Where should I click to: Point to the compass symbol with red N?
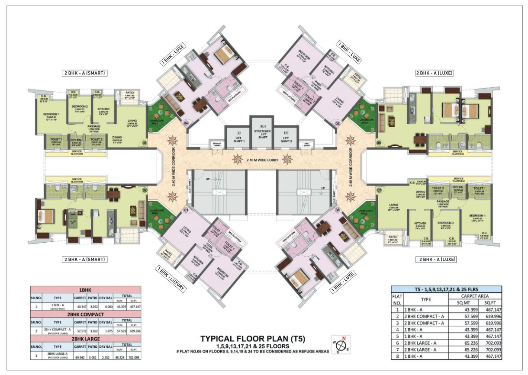[x=341, y=345]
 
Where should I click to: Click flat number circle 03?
[x=145, y=142]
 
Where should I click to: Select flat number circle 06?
[x=379, y=143]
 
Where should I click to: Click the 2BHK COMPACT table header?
[x=86, y=314]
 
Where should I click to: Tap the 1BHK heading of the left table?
[x=86, y=289]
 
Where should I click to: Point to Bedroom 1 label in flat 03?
[x=52, y=115]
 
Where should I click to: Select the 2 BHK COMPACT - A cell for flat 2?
[x=425, y=317]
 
